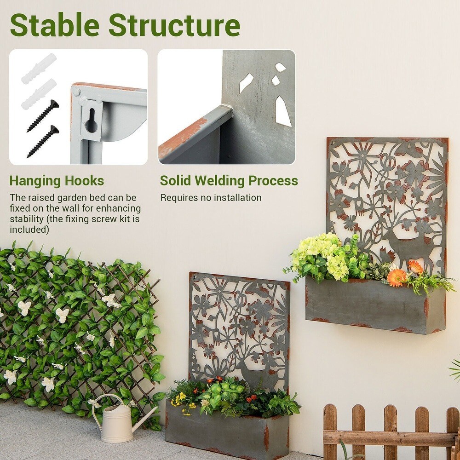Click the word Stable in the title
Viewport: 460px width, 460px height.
point(55,26)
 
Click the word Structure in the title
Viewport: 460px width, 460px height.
point(174,26)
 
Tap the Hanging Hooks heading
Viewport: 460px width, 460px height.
point(57,181)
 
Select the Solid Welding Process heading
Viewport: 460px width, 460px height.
point(229,181)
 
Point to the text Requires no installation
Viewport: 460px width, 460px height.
point(211,198)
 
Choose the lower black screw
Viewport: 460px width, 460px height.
point(43,141)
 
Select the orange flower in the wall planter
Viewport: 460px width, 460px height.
point(397,277)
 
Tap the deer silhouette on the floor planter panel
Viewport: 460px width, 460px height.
point(251,373)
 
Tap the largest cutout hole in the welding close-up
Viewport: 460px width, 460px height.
point(282,111)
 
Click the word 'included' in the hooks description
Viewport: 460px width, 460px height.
point(29,230)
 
